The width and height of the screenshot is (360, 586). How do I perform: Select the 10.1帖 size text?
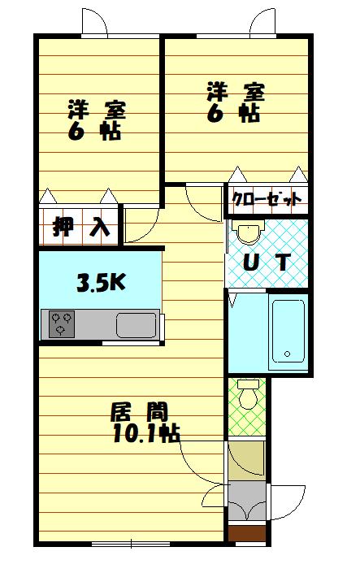pyautogui.click(x=146, y=433)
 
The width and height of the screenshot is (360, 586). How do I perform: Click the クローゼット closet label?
pyautogui.click(x=267, y=198)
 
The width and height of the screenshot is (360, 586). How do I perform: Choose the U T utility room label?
pyautogui.click(x=267, y=263)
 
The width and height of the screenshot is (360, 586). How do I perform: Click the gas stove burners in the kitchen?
pyautogui.click(x=62, y=323)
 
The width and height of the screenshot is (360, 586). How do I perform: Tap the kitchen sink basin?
pyautogui.click(x=138, y=325)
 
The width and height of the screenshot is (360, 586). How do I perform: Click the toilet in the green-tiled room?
pyautogui.click(x=248, y=393)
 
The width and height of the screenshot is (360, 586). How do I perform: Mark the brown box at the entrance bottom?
pyautogui.click(x=246, y=534)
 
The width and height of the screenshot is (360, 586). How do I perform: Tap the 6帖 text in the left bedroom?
pyautogui.click(x=95, y=132)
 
